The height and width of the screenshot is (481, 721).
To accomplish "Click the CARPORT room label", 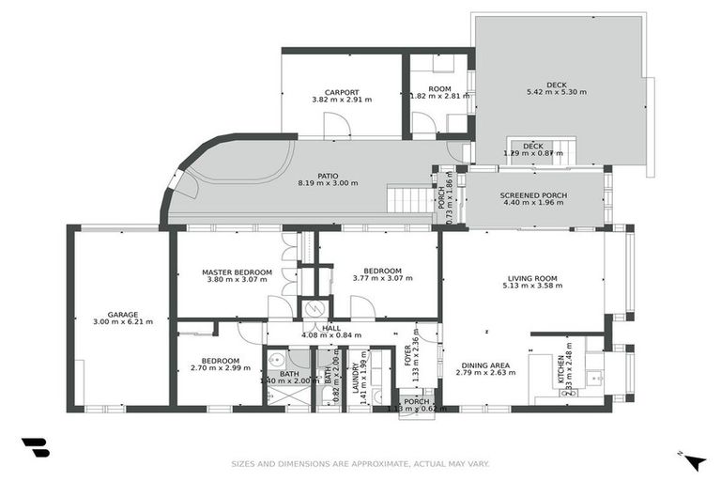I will click(342, 92).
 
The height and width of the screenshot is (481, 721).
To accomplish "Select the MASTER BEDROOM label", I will click(237, 272).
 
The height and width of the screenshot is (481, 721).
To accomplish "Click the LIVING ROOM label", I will click(532, 278).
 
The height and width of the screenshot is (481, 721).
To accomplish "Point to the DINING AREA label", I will click(484, 365).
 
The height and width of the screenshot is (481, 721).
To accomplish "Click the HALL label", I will click(331, 328).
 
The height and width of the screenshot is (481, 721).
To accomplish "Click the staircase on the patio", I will click(409, 199).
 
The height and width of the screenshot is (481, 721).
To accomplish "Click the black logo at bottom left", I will click(35, 448).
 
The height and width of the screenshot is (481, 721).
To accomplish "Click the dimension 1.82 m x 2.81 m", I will click(438, 95).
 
